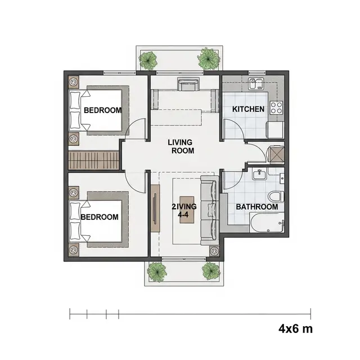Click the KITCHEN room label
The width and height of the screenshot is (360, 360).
[248, 109]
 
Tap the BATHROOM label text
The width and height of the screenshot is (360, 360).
[257, 207]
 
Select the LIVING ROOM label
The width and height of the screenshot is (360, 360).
[181, 146]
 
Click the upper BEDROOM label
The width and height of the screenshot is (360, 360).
[102, 110]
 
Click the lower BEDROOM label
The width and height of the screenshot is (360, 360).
[100, 217]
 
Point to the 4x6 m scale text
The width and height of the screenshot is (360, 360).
[295, 328]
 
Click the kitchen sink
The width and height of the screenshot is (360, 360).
[256, 83]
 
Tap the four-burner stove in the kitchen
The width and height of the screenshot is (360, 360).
[276, 107]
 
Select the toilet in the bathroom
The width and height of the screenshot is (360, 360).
[276, 196]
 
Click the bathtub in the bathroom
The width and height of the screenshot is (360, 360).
[267, 223]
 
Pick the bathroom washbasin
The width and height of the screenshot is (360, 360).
[259, 174]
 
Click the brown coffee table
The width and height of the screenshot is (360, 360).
[187, 210]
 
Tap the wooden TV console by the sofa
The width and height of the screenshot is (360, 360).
[155, 208]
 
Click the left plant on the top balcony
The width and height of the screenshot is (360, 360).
[148, 60]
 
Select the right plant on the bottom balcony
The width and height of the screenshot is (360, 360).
[211, 271]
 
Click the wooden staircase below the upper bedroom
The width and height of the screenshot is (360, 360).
[94, 160]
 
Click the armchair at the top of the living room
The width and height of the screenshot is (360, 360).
[188, 84]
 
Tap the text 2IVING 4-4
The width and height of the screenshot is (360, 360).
[184, 210]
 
